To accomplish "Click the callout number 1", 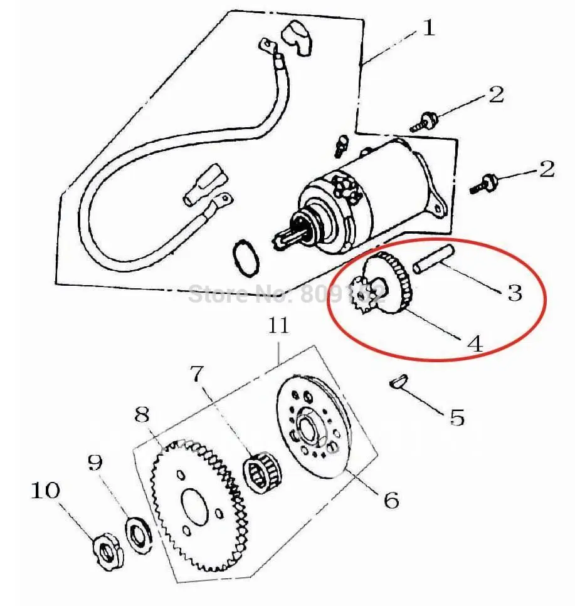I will (428, 28).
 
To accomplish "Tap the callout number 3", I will (514, 292).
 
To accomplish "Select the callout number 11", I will (279, 325).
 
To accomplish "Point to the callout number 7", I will (198, 374).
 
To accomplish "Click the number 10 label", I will (46, 491).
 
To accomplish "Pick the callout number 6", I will (391, 499).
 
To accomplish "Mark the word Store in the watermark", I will (215, 292).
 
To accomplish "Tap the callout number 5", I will (456, 417).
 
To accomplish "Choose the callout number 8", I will (142, 414).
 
